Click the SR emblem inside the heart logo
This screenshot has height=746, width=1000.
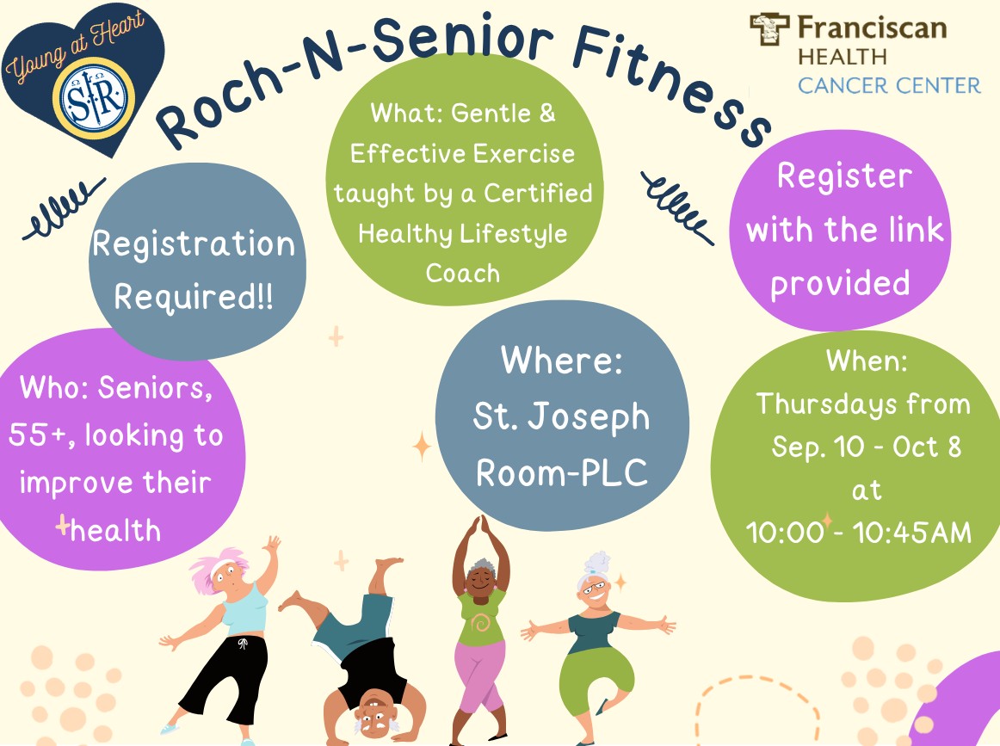pyautogui.click(x=94, y=98)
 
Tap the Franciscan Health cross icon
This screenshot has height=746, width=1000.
pyautogui.click(x=769, y=29)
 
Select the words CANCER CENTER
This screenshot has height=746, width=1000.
pyautogui.click(x=889, y=85)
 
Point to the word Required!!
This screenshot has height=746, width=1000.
pyautogui.click(x=194, y=297)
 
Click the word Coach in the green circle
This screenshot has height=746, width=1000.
pyautogui.click(x=462, y=273)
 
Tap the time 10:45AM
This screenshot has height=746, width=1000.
pyautogui.click(x=912, y=533)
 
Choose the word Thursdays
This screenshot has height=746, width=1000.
pyautogui.click(x=826, y=404)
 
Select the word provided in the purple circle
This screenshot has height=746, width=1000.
pyautogui.click(x=840, y=284)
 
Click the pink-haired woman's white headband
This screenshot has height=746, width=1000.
pyautogui.click(x=223, y=565)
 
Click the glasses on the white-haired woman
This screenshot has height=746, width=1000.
pyautogui.click(x=592, y=585)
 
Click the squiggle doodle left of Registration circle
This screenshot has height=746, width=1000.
pyautogui.click(x=64, y=207)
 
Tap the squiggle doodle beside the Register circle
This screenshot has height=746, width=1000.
pyautogui.click(x=677, y=208)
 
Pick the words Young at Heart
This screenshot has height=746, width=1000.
pyautogui.click(x=75, y=46)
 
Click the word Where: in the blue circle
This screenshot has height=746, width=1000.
pyautogui.click(x=562, y=360)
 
